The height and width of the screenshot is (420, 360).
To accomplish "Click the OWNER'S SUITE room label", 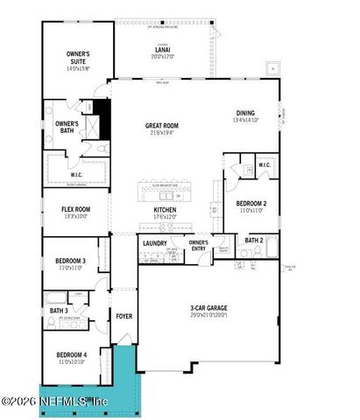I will point(78,59).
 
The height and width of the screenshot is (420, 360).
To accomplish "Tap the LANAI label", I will point(162,51).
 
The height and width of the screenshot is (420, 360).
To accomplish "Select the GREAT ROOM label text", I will point(162,126).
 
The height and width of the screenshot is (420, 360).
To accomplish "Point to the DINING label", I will point(245,112).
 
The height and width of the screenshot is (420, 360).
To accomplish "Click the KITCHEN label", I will point(166,211).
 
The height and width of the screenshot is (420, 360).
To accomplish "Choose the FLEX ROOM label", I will point(76,210).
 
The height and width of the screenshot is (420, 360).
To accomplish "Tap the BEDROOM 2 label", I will point(252,204).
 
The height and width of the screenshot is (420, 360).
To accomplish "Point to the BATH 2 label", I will point(254,240).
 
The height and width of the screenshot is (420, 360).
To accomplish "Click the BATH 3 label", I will point(58,311).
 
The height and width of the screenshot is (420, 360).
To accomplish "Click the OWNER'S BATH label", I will point(67,127).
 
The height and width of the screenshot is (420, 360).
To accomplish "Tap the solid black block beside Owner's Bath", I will point(102,118).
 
